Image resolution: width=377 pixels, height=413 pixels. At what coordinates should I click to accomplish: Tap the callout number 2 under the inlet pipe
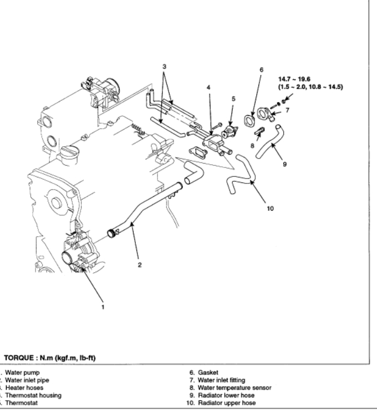point(140,264)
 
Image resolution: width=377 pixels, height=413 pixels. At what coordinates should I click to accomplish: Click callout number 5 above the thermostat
point(233,99)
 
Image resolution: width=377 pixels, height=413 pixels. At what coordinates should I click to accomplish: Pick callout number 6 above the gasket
point(261,70)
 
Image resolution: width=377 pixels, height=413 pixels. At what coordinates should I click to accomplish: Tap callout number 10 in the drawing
point(271,209)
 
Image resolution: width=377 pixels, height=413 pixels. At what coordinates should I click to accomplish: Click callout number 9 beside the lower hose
point(284,164)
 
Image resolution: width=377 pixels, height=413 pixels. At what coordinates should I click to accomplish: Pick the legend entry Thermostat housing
point(33,395)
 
